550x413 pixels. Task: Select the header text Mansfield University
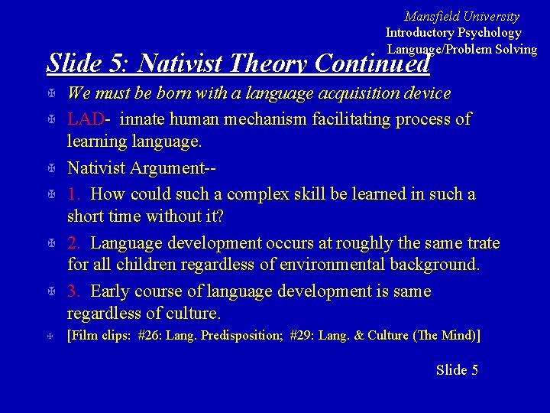click(461, 16)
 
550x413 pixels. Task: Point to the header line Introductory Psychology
click(453, 32)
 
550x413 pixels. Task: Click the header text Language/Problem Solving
click(461, 49)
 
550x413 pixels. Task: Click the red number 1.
click(74, 194)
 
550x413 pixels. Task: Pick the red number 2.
click(74, 243)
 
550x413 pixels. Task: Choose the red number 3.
click(74, 291)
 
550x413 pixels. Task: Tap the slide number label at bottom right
click(457, 370)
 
